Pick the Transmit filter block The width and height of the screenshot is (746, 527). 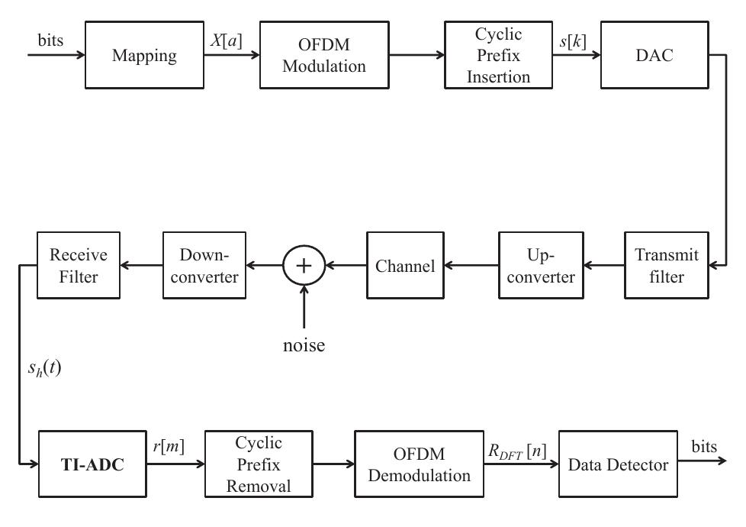pyautogui.click(x=661, y=266)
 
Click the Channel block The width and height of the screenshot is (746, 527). pyautogui.click(x=406, y=266)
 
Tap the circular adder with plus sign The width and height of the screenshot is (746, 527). pyautogui.click(x=304, y=266)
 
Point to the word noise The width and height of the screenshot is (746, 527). pyautogui.click(x=304, y=345)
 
